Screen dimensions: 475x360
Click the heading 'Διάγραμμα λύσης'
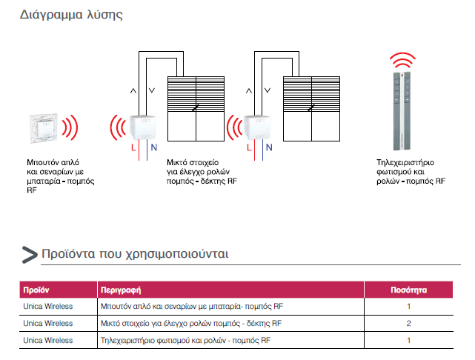pyautogui.click(x=71, y=15)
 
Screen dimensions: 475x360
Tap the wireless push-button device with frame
pyautogui.click(x=44, y=128)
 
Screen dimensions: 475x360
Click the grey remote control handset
pyautogui.click(x=402, y=111)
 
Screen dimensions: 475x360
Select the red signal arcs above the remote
pyautogui.click(x=402, y=60)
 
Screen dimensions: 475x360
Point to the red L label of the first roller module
pyautogui.click(x=133, y=147)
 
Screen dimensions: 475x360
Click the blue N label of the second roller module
pyautogui.click(x=269, y=147)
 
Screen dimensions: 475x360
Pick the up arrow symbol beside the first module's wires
pyautogui.click(x=133, y=90)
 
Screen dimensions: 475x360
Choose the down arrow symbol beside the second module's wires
pyautogui.click(x=268, y=90)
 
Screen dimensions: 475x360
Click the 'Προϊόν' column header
pyautogui.click(x=36, y=290)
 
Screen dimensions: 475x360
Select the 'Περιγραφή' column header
pyautogui.click(x=121, y=290)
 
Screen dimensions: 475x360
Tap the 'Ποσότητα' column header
pyautogui.click(x=408, y=290)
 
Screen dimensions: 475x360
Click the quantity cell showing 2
pyautogui.click(x=408, y=324)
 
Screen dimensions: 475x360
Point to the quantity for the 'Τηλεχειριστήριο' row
pyautogui.click(x=408, y=340)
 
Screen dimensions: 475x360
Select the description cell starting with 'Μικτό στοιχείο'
pyautogui.click(x=191, y=324)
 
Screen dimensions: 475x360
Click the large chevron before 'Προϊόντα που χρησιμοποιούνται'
pyautogui.click(x=30, y=255)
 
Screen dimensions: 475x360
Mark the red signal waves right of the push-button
pyautogui.click(x=70, y=127)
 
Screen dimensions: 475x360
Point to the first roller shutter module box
pyautogui.click(x=143, y=127)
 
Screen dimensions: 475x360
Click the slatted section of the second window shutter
pyautogui.click(x=311, y=94)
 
